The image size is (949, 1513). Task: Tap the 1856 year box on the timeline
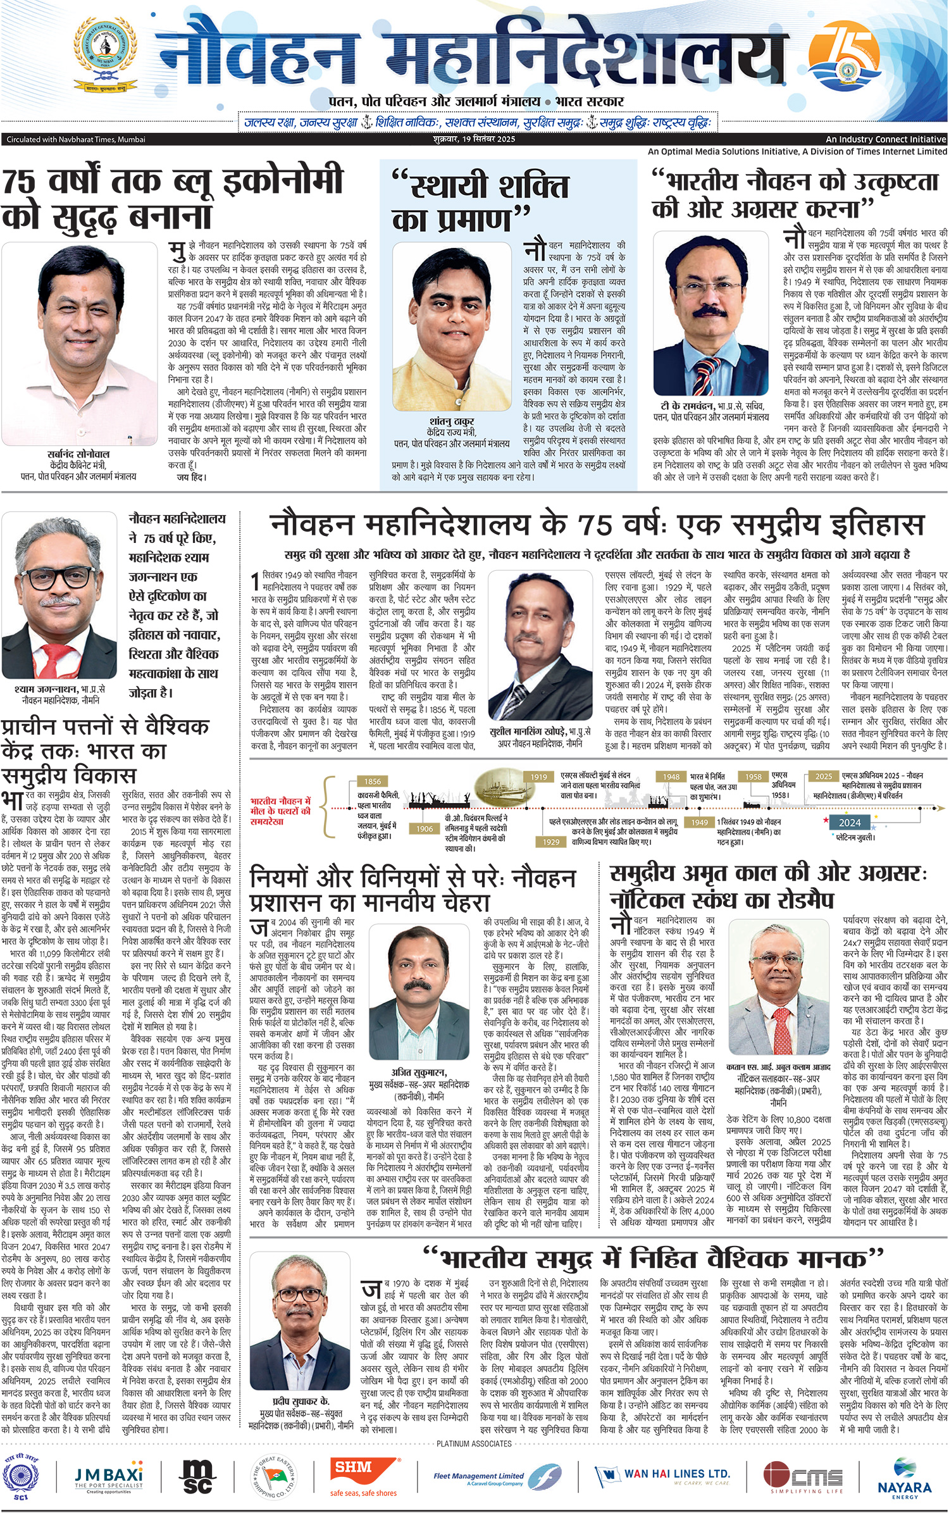[373, 781]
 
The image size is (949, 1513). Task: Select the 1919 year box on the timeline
[538, 776]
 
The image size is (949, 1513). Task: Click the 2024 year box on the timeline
[850, 822]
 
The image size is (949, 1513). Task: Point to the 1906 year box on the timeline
[425, 828]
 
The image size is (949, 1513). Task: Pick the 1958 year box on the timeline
[753, 776]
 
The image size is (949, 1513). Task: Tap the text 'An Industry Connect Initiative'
[886, 139]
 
